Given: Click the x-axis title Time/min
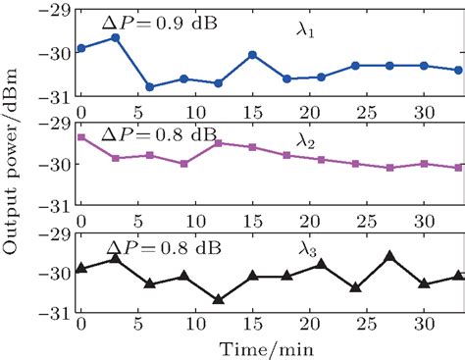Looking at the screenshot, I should (268, 346).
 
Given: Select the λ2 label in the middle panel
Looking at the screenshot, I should (310, 143).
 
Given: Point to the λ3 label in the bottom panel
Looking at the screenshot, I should (310, 250).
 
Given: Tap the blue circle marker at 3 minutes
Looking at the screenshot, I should (115, 37).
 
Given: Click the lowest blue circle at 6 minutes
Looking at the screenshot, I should (149, 87).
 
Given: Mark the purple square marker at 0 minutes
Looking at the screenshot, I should (80, 137).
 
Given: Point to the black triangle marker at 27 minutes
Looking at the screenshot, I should (390, 256).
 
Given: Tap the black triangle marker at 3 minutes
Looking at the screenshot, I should (115, 258).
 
